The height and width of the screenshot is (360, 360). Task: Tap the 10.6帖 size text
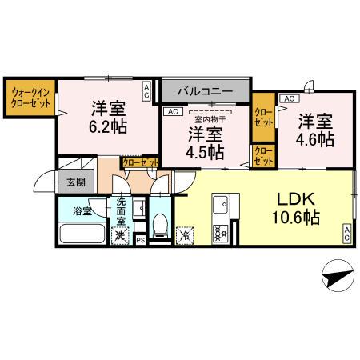point(294,217)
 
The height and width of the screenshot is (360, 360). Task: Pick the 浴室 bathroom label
point(82,212)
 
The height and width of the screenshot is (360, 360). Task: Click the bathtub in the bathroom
point(82,235)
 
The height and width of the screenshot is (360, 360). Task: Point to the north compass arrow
point(337,277)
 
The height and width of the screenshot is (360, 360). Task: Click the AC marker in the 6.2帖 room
point(146,90)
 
